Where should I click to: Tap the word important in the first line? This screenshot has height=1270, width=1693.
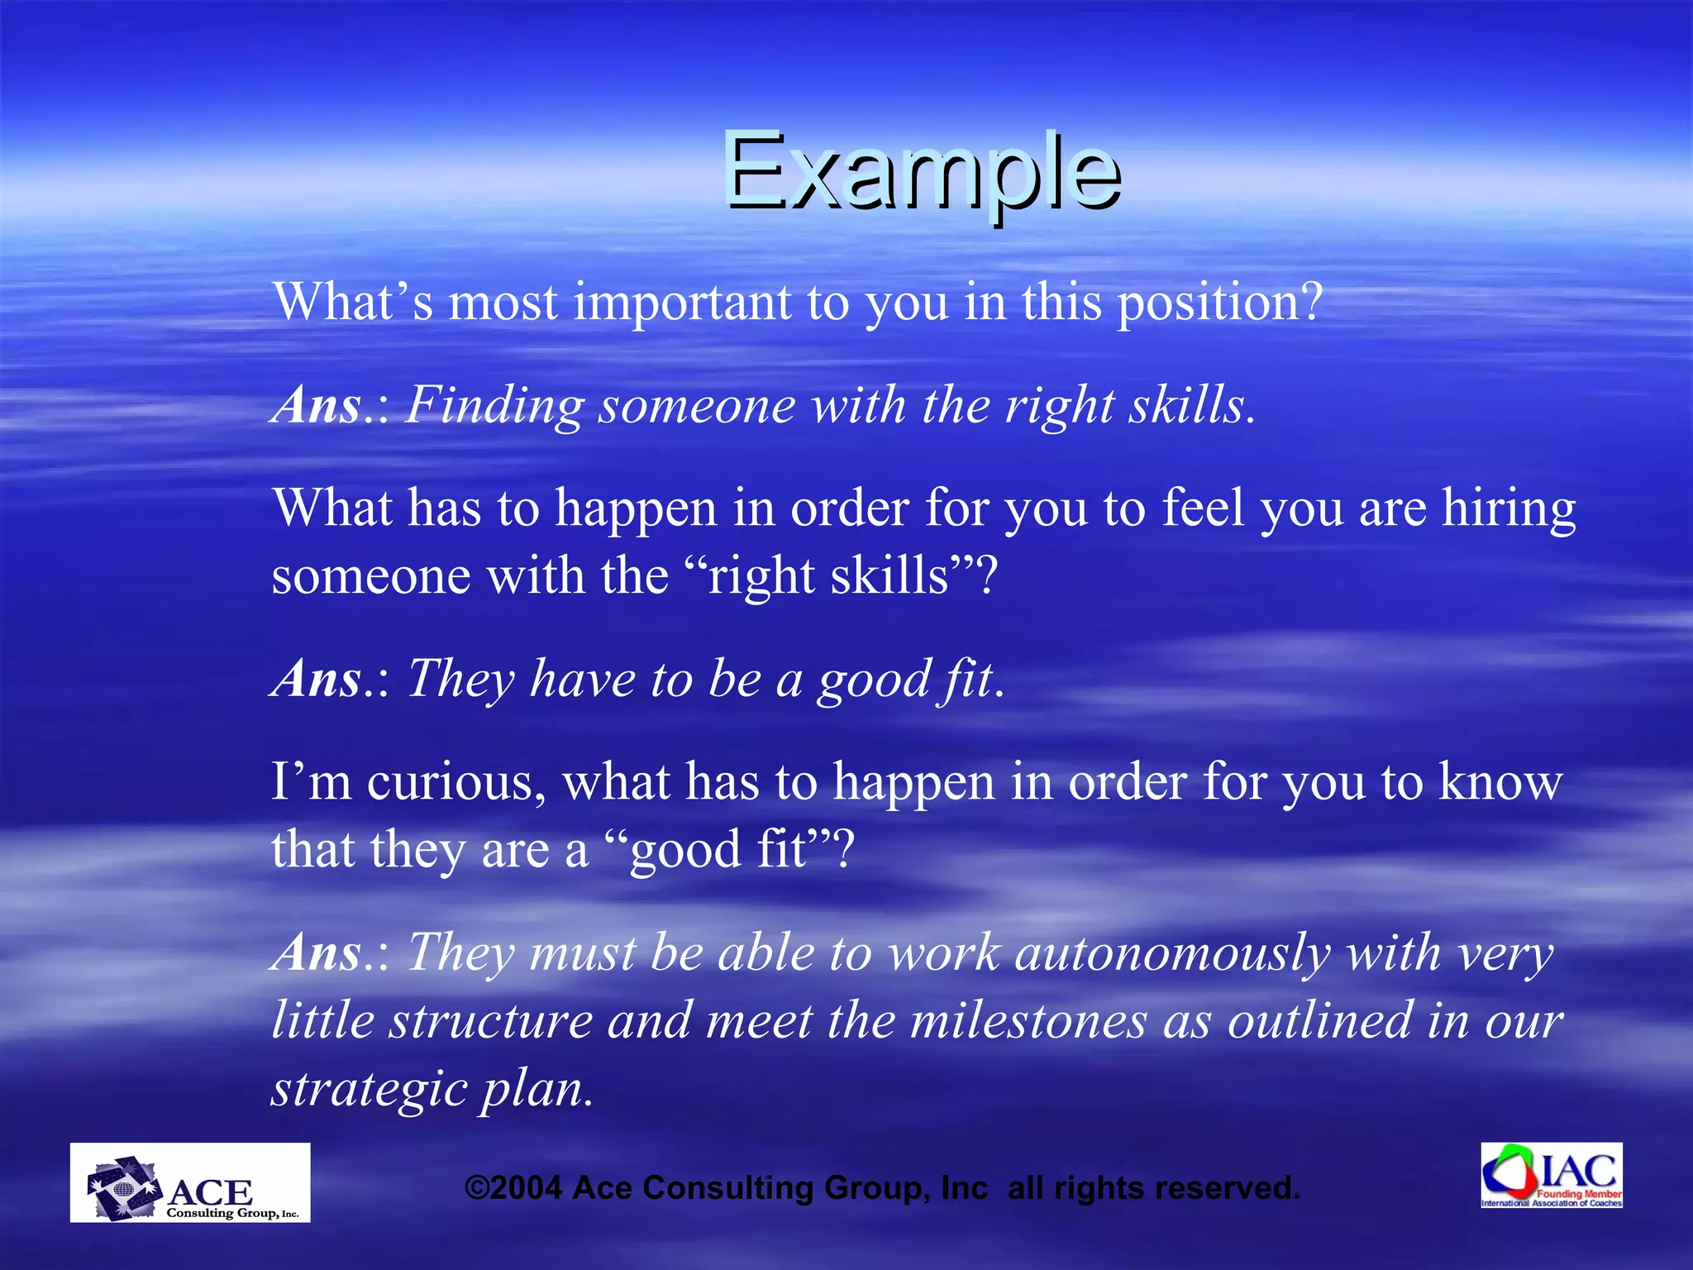point(682,303)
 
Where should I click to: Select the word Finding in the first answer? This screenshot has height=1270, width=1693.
point(494,406)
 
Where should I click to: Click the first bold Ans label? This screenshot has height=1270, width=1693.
point(318,406)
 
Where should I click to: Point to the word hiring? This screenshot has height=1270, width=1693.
point(1509,509)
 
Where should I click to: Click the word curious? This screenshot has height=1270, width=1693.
point(456,781)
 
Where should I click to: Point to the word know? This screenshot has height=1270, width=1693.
point(1500,781)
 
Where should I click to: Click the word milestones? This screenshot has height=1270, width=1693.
point(1028,1021)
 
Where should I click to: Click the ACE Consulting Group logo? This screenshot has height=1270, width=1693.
point(189,1183)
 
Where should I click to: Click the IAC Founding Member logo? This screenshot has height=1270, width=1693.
point(1551,1175)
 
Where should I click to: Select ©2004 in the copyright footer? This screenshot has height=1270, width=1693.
point(513,1188)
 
